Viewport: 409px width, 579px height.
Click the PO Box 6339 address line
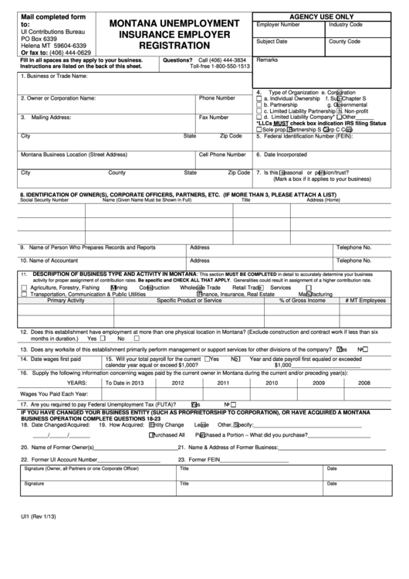[x=39, y=38]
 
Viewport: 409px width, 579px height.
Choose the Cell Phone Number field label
[x=223, y=154]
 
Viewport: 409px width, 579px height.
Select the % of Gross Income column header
[x=302, y=300]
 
